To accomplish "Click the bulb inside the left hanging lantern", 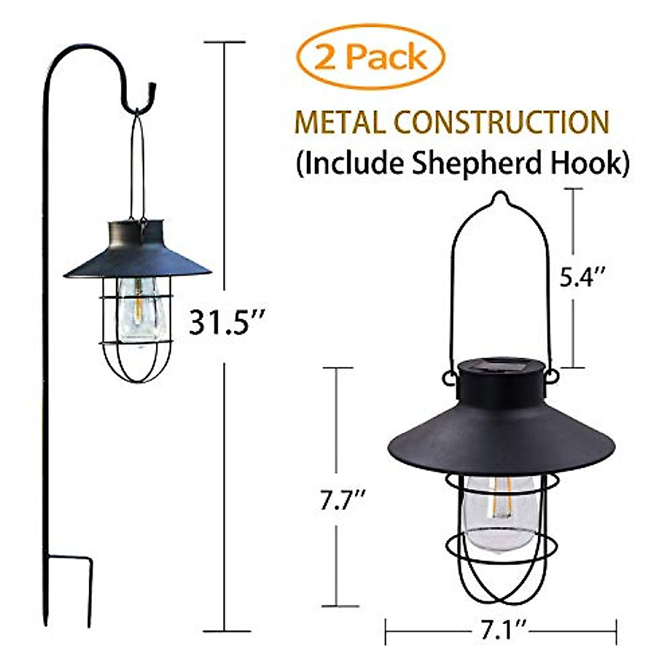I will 138,311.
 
